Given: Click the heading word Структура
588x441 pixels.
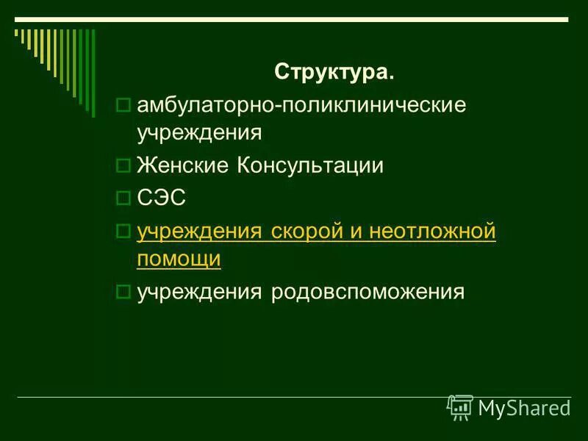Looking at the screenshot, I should click(x=334, y=73).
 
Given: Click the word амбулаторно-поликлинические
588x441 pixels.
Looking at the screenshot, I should click(x=301, y=105).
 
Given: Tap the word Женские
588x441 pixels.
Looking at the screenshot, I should click(x=184, y=166).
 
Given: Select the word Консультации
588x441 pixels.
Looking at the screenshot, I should click(x=310, y=166).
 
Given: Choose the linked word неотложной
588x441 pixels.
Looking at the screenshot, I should click(x=433, y=231).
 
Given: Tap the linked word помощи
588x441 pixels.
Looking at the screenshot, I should click(x=179, y=259).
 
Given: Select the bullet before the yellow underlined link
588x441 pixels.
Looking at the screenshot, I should click(x=123, y=232).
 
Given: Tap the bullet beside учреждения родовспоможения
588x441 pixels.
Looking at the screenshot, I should click(x=123, y=293).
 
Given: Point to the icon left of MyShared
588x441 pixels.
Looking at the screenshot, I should click(x=460, y=407).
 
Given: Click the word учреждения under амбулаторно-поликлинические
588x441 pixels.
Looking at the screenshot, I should click(x=199, y=133).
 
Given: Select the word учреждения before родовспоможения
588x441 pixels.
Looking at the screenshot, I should click(x=199, y=292).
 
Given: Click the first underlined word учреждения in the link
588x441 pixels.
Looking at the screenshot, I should click(x=199, y=231).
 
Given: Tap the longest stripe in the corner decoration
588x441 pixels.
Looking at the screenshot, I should click(x=93, y=73).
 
